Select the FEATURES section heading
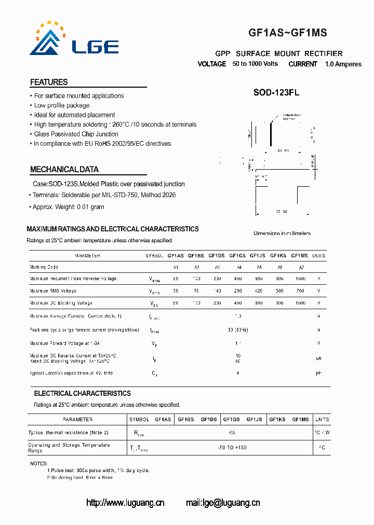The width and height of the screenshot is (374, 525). [49, 82]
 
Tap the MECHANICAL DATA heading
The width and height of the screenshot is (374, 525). [64, 170]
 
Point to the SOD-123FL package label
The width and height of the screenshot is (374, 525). [276, 93]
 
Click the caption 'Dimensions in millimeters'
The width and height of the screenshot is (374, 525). [282, 233]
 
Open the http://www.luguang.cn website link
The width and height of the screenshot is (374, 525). [125, 502]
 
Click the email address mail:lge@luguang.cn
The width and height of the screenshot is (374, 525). [223, 502]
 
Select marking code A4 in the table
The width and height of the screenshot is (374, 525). [239, 267]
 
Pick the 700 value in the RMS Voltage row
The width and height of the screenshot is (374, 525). [300, 291]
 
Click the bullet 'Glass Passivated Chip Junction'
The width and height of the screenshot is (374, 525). [76, 134]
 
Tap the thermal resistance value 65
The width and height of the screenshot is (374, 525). [232, 432]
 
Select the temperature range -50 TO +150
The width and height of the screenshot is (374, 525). [232, 447]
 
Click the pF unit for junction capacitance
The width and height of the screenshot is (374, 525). [318, 373]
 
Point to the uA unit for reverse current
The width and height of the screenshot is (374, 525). [318, 358]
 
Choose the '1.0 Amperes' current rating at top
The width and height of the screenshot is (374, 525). [343, 64]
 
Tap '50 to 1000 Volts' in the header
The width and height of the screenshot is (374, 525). [255, 64]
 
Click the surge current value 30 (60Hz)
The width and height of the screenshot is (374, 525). [237, 330]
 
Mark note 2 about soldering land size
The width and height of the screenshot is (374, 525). [79, 477]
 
